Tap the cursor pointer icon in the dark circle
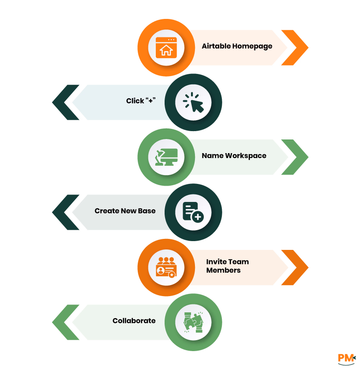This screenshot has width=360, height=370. [193, 103]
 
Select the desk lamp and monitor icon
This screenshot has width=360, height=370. [166, 157]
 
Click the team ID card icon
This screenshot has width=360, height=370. [166, 267]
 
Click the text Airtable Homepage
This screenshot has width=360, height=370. [237, 46]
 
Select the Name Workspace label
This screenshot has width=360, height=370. [234, 156]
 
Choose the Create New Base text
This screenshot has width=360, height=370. [125, 211]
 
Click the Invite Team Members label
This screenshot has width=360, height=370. [227, 266]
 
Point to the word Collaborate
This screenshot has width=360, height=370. [134, 321]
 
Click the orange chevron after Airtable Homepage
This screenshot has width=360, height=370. [297, 48]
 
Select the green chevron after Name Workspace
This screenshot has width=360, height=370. [297, 157]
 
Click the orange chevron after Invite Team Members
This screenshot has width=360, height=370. [297, 267]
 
